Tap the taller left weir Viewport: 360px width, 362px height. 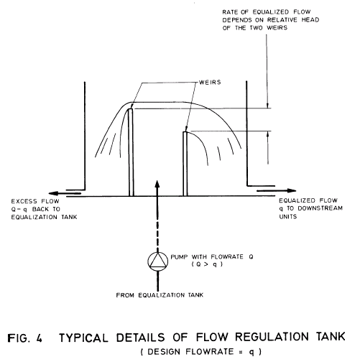(x=131, y=151)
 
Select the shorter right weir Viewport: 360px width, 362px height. (x=185, y=162)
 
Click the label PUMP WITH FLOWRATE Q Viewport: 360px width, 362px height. (x=205, y=258)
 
